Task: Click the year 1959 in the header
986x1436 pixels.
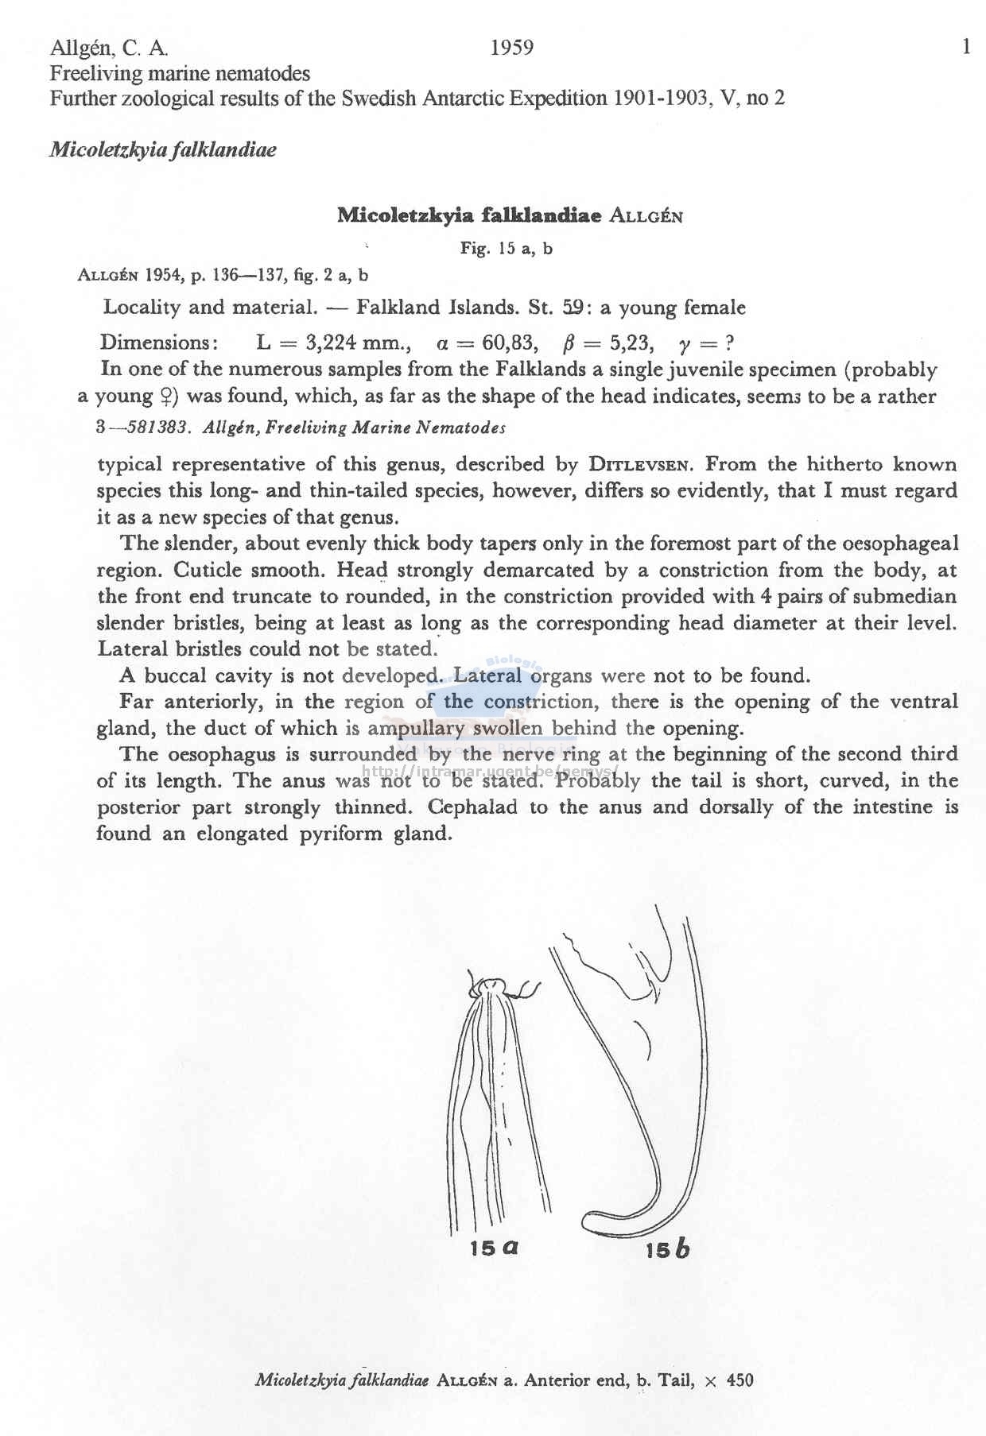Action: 511,48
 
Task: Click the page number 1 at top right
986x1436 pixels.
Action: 966,48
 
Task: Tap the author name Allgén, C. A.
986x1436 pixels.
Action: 109,48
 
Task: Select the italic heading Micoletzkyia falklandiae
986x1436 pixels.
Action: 163,149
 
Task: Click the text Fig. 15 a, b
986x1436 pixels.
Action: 507,249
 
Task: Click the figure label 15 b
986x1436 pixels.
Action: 667,1250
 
